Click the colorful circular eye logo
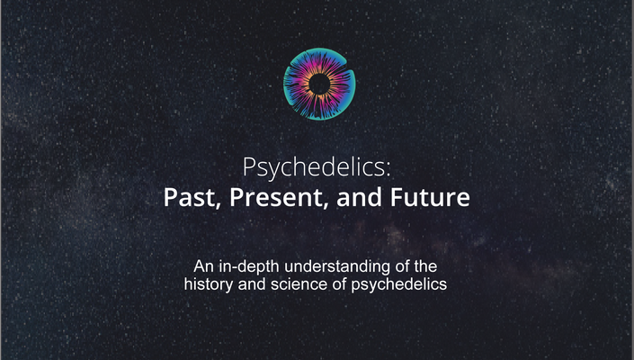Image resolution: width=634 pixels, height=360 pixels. click(319, 84)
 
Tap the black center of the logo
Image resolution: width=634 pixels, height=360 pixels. click(319, 84)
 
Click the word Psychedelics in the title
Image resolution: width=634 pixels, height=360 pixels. click(314, 167)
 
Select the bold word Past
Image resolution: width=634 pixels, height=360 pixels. click(190, 197)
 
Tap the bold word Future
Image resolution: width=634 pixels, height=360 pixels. click(430, 196)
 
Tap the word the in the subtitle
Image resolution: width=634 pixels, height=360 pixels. click(425, 266)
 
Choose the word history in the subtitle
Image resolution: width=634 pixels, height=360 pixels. click(209, 284)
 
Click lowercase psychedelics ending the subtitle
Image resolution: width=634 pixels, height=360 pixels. click(399, 284)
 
